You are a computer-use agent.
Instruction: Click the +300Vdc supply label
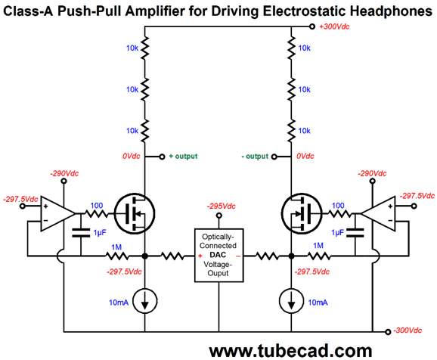[334, 26]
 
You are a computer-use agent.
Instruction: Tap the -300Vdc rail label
[408, 331]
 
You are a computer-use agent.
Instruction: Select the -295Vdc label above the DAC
[221, 206]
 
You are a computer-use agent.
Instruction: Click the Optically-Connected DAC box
[218, 256]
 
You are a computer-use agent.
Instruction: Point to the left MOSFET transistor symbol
[135, 214]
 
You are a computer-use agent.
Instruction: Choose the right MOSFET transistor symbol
[302, 214]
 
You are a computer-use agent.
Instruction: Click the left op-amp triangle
[58, 214]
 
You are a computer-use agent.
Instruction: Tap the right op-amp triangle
[378, 214]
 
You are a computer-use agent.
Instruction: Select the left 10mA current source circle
[145, 302]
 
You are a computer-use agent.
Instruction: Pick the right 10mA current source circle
[291, 302]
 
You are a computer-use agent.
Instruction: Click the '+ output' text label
[183, 156]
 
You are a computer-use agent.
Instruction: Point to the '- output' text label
[255, 156]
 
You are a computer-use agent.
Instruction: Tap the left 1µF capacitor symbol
[81, 233]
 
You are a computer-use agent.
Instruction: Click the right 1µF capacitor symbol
[355, 233]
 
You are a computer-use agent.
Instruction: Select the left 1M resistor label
[116, 247]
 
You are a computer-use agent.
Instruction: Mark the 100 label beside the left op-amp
[97, 206]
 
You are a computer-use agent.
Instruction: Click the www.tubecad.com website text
[290, 350]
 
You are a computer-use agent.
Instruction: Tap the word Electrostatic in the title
[305, 11]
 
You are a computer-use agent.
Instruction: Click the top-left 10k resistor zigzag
[145, 48]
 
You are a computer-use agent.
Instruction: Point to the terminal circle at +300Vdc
[312, 26]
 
